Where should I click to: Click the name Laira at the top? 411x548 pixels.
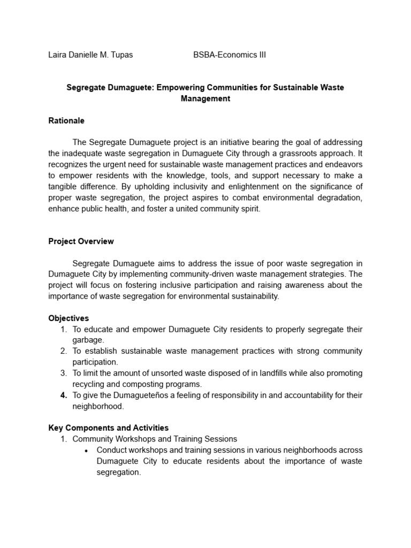tap(58, 55)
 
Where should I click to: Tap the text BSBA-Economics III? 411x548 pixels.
tap(230, 55)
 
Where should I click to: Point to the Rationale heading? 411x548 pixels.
tap(66, 120)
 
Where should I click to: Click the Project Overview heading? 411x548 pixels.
tap(81, 241)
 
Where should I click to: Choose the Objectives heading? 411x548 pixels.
tap(68, 318)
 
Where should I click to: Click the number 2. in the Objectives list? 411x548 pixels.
tap(63, 351)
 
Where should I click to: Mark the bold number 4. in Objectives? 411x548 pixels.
tap(63, 395)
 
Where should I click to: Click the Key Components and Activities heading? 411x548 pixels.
tap(108, 428)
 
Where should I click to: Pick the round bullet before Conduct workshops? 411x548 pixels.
tap(87, 451)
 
